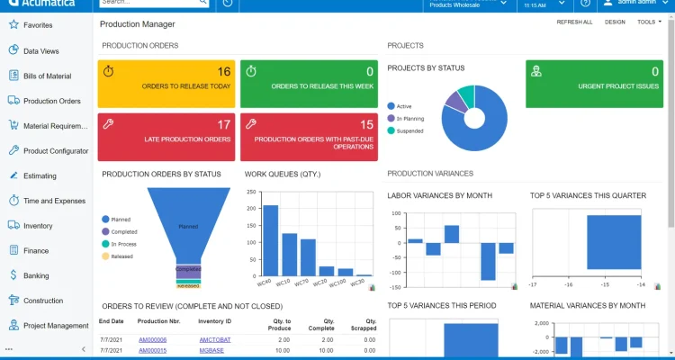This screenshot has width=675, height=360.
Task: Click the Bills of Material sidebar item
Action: coord(47,76)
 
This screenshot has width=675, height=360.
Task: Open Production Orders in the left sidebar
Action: coord(51,101)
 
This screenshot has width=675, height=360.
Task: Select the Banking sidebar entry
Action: coord(36,275)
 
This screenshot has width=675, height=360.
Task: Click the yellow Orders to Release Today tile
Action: coord(166,84)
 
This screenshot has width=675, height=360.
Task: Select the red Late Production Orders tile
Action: coord(166,137)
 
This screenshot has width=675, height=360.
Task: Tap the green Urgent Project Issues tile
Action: coord(595,84)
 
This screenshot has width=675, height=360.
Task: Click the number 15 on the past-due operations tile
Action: coord(366,125)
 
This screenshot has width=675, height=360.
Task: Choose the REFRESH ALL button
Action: coord(574,22)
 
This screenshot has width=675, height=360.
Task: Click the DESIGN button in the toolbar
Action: coord(615,22)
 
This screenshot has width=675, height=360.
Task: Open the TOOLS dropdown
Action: coord(648,22)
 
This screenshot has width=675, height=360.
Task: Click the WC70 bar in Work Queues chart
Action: coord(308,256)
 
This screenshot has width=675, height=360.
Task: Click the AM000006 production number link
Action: coord(152,339)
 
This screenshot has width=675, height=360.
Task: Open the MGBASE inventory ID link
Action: coord(211,350)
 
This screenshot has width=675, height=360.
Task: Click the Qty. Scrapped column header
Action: coord(364,325)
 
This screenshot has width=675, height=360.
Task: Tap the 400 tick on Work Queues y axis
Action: coord(250,190)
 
